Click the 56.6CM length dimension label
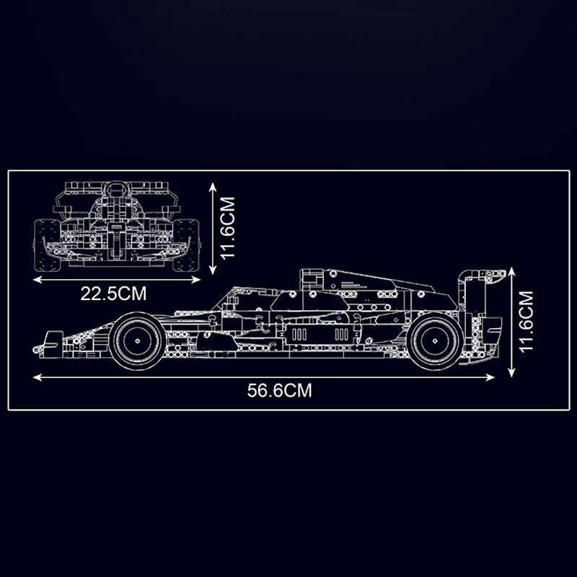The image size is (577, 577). (279, 391)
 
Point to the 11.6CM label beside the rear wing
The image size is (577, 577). (527, 321)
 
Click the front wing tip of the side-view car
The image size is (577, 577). (52, 342)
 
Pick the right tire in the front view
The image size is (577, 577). (187, 245)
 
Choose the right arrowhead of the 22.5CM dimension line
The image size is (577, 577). (198, 277)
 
